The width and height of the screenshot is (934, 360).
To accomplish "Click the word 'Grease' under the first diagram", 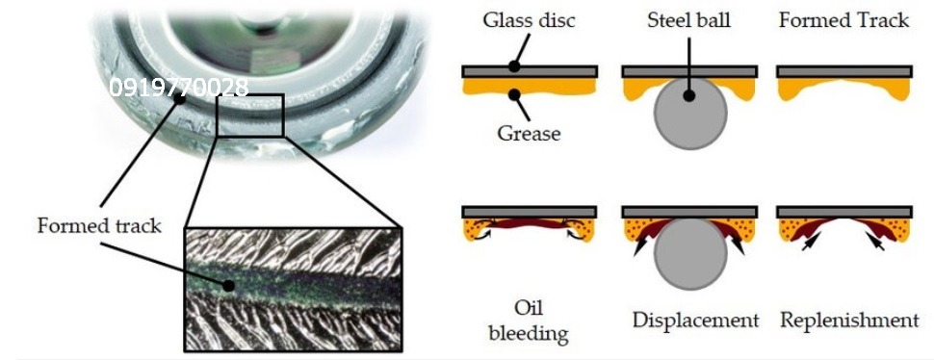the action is [529, 133].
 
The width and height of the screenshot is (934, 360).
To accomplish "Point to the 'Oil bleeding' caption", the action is [529, 321].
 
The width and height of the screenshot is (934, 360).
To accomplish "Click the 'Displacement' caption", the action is [696, 321].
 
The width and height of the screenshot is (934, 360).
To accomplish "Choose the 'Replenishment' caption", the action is [849, 321].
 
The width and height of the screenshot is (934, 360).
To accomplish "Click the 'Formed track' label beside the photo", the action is [99, 225].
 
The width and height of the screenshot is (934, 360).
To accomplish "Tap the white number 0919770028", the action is [179, 88].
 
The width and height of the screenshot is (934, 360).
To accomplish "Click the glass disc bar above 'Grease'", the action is [529, 71].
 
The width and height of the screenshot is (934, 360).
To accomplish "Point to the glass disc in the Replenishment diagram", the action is [844, 212].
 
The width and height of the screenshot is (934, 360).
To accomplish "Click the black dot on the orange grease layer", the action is [512, 92].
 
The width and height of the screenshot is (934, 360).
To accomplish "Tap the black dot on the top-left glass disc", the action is [514, 67].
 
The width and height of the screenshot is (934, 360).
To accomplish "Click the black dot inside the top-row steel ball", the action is [689, 95].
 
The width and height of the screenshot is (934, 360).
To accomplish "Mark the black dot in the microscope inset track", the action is [227, 286].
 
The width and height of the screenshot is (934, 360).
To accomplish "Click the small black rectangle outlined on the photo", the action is [250, 115].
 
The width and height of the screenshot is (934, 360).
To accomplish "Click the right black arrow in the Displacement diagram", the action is [737, 245].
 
